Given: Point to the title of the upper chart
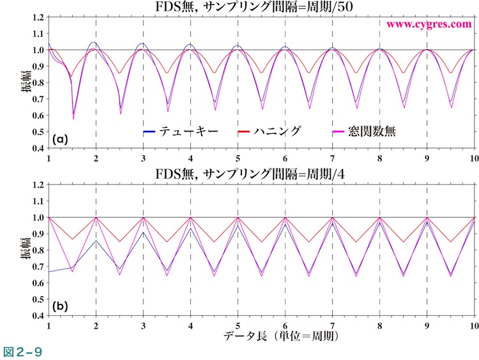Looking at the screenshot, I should coord(262,8).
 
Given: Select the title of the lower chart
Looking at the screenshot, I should coord(262,175).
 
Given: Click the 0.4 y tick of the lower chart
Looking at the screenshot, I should coord(37,315).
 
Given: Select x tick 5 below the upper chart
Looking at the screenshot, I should coord(238,157).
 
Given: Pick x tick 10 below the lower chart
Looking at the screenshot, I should coord(473,325).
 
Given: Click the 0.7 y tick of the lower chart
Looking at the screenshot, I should coord(37,266).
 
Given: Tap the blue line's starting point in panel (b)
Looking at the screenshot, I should coord(49,272).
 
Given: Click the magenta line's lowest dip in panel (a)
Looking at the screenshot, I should coord(73,119).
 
